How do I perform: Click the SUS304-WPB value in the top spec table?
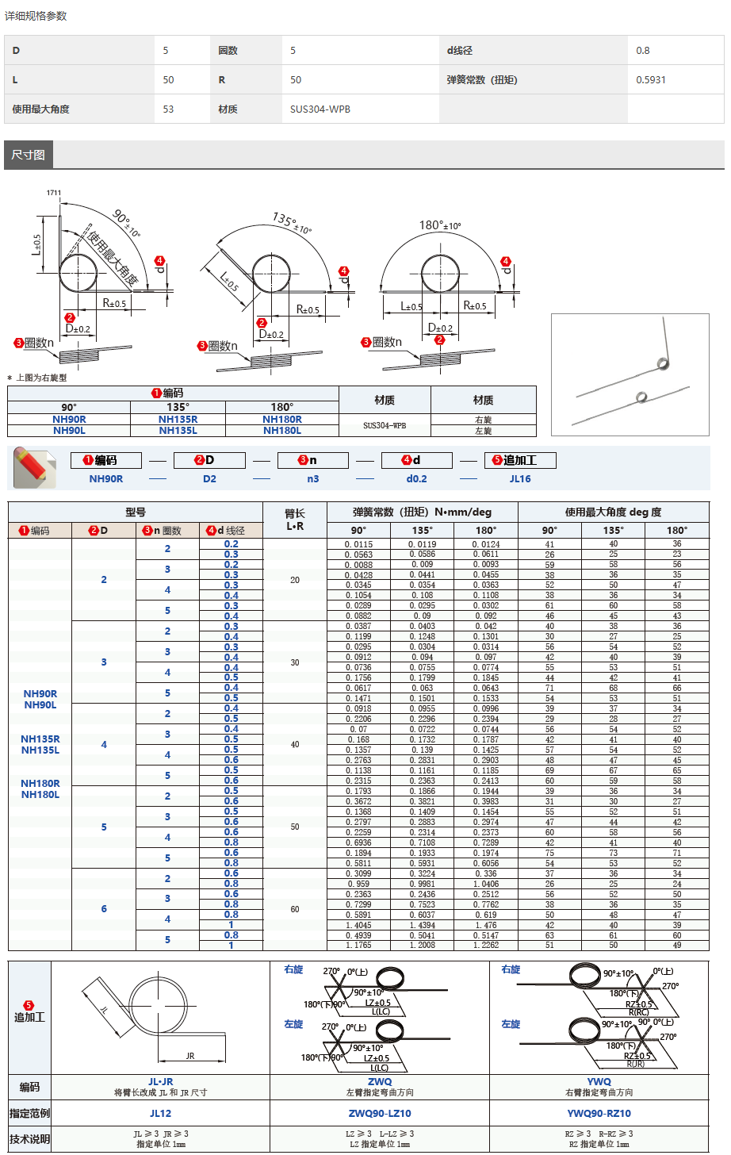pos(320,109)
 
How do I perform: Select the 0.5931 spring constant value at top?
pos(651,80)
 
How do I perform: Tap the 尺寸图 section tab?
pos(28,155)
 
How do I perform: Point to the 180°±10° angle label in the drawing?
pos(439,225)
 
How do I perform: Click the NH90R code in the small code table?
pos(69,420)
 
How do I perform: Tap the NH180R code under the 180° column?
pos(281,420)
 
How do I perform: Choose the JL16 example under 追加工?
pos(520,479)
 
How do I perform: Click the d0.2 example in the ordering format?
pos(416,479)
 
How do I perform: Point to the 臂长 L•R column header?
pos(294,520)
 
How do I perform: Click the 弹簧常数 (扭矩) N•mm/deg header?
pos(422,512)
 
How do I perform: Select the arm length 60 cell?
pos(294,910)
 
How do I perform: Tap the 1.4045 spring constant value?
pos(358,925)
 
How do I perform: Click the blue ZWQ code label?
pos(380,1081)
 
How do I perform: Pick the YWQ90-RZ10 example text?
pos(599,1114)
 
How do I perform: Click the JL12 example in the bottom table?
pos(160,1114)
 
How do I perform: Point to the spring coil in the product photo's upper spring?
pos(663,364)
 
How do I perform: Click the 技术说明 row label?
pos(29,1139)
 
